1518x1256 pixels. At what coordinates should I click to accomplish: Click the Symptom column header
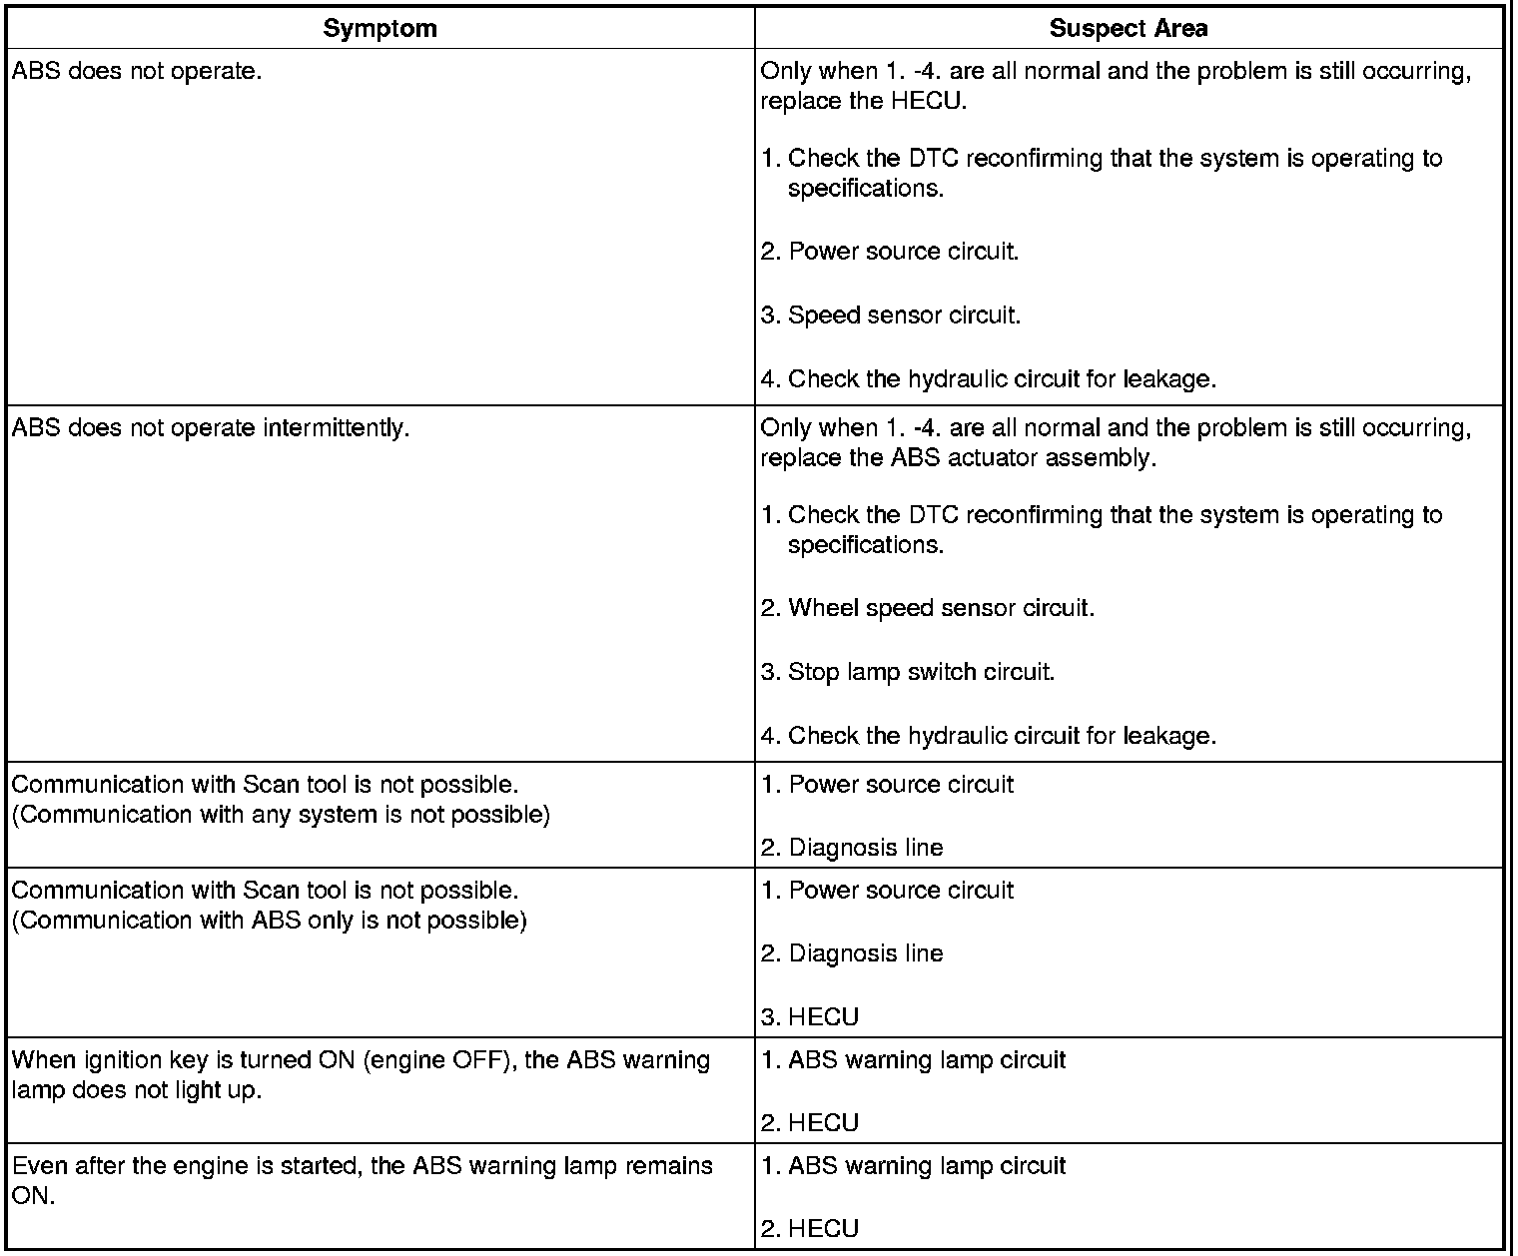[379, 29]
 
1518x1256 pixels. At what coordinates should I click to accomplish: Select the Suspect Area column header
[1128, 29]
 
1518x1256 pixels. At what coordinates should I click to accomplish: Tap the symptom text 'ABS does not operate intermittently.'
[211, 428]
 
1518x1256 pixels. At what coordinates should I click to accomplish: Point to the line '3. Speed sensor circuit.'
[891, 315]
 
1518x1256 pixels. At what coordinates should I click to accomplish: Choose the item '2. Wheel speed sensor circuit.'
[928, 608]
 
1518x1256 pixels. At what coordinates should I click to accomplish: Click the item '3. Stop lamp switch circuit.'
[908, 672]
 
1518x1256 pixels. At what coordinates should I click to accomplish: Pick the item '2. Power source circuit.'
[890, 252]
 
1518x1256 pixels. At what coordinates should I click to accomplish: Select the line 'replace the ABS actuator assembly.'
[958, 458]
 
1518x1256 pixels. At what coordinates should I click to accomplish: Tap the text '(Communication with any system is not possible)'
[281, 815]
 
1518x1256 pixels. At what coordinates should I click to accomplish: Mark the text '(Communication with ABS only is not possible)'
[269, 921]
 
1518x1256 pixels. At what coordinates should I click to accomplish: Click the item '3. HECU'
[810, 1017]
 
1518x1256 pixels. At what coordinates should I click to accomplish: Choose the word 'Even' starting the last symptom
[36, 1166]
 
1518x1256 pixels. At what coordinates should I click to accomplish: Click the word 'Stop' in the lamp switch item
[814, 672]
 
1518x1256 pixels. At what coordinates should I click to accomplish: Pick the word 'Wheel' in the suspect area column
[818, 608]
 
